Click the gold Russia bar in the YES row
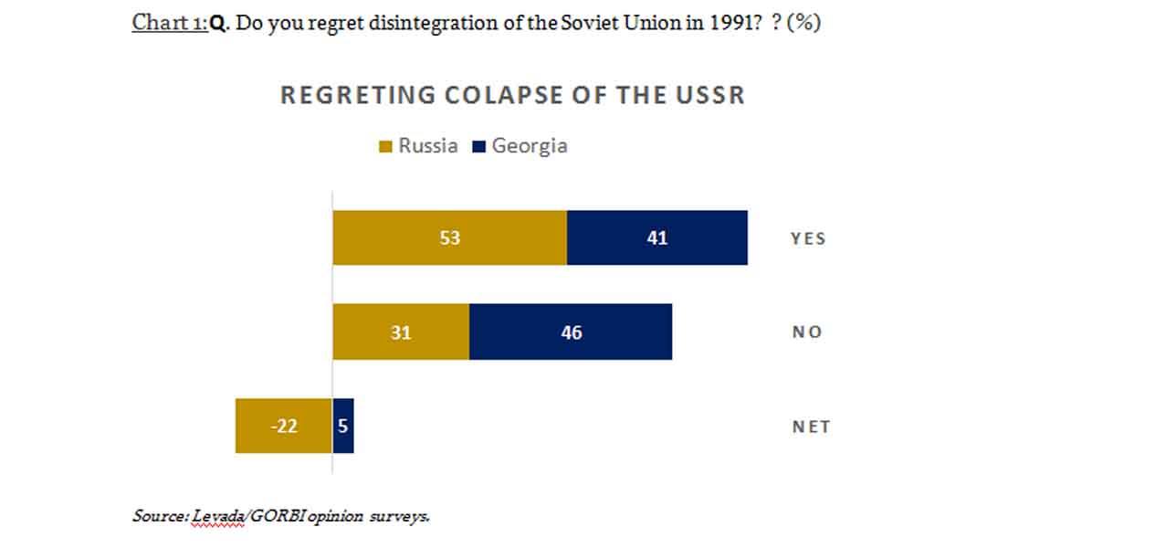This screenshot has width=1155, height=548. point(449,237)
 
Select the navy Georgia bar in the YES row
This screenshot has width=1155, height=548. point(656,237)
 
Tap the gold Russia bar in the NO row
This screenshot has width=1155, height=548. point(401,332)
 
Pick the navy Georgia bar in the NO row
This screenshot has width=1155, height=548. point(571,332)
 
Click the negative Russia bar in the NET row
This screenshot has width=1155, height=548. point(283,426)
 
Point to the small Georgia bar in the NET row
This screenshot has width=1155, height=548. point(343,426)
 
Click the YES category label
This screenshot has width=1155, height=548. point(808,238)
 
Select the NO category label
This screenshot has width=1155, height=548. point(807,332)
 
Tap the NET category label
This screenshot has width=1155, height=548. point(811,427)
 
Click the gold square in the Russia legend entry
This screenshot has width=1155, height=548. point(385,146)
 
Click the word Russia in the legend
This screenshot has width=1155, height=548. point(427,146)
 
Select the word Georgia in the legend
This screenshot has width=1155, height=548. point(530,146)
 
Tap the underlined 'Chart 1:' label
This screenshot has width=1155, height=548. point(170,23)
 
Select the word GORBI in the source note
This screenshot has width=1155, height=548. point(277,516)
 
